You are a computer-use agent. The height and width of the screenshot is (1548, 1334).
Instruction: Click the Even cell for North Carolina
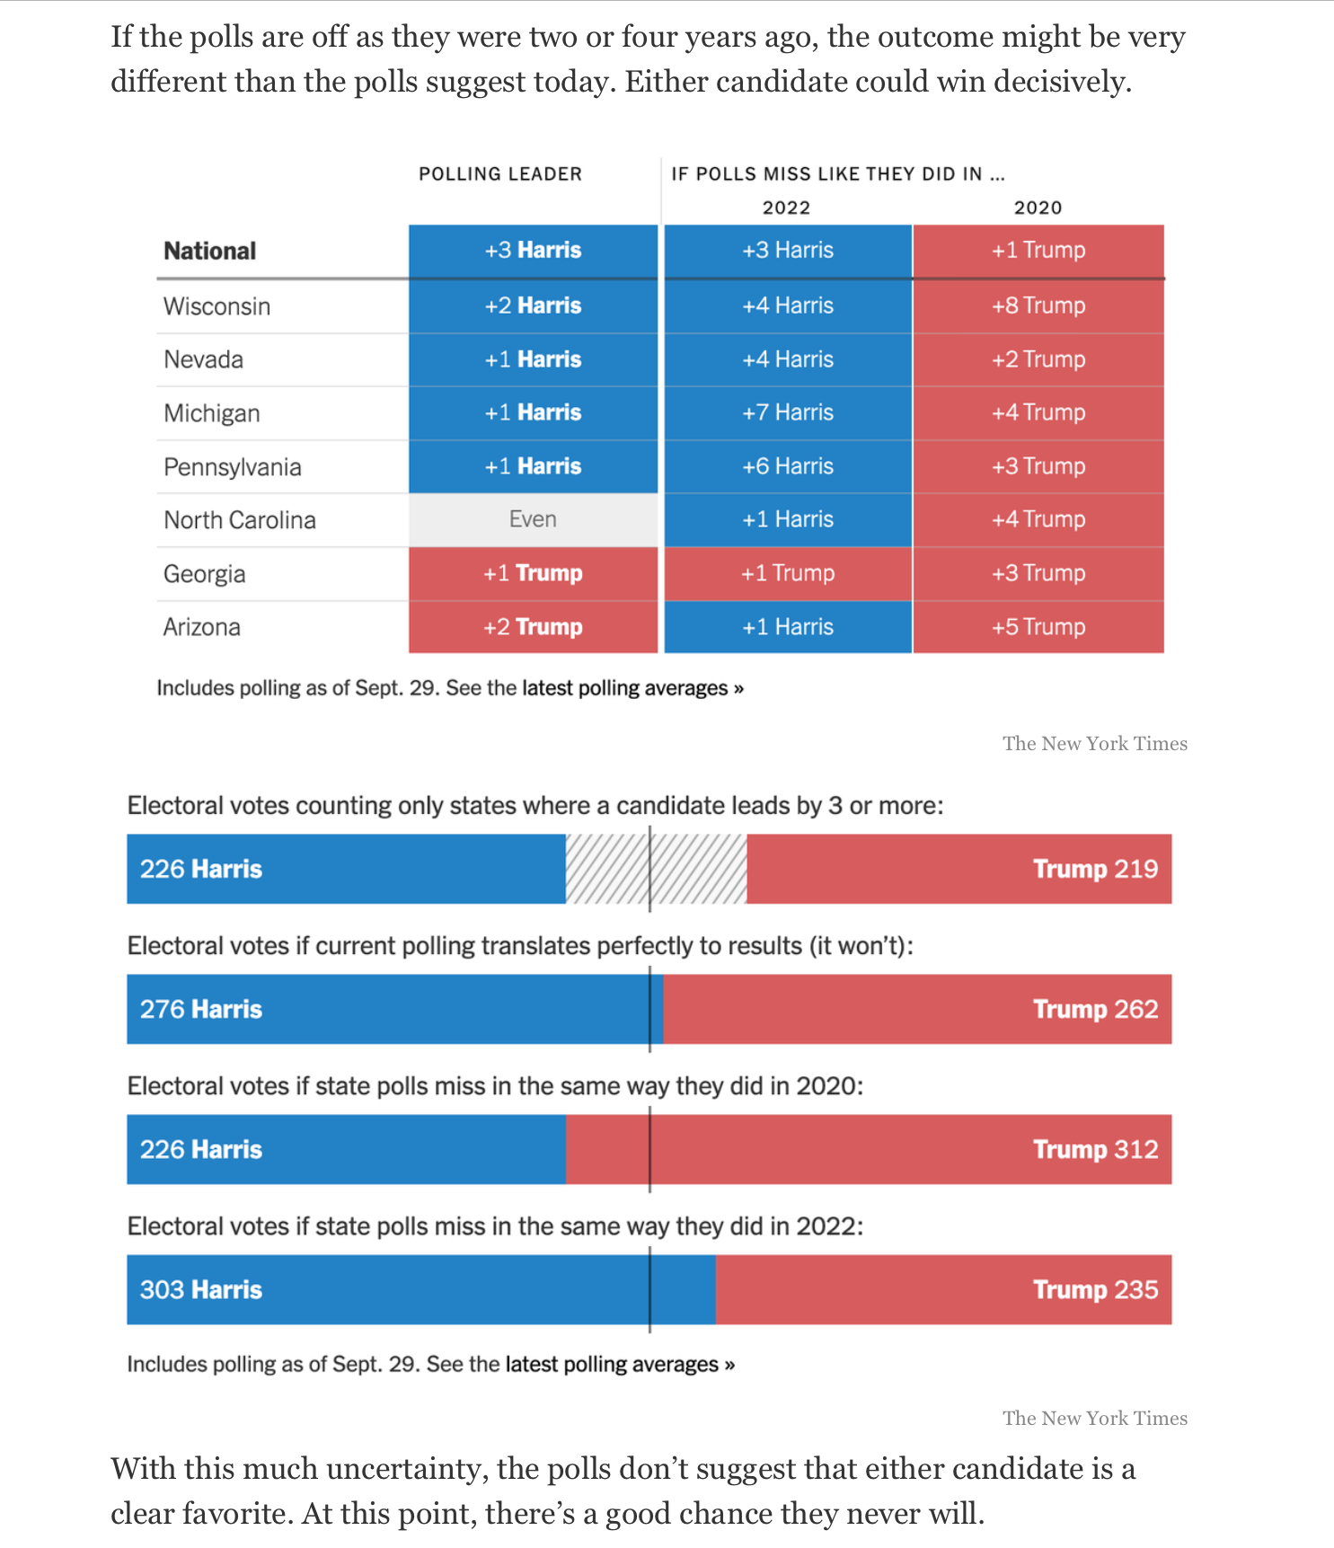click(533, 520)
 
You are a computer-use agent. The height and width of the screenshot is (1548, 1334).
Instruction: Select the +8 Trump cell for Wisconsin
click(1038, 306)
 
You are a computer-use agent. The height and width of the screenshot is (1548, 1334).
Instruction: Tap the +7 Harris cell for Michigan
click(788, 413)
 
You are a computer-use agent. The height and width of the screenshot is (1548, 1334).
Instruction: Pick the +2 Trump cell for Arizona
click(533, 627)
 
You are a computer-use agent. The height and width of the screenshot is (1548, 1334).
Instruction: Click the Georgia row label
click(204, 574)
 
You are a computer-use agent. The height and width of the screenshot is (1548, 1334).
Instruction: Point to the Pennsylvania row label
click(232, 467)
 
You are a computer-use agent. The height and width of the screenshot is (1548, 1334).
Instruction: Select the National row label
click(209, 251)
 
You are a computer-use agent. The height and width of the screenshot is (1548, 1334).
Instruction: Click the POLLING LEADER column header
click(500, 174)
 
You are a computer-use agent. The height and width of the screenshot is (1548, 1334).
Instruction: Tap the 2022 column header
click(787, 208)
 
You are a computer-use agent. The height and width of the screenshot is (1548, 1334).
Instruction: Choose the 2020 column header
click(1038, 208)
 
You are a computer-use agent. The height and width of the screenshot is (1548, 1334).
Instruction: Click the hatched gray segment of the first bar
click(656, 869)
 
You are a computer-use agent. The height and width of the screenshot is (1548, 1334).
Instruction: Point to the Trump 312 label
click(1095, 1150)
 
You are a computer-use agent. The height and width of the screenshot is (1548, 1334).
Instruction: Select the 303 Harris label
click(201, 1290)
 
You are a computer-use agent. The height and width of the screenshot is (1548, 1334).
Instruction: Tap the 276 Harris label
click(201, 1010)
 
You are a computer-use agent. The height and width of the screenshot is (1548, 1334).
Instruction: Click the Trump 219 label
click(1095, 870)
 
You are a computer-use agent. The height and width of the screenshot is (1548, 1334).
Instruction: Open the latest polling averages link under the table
click(633, 688)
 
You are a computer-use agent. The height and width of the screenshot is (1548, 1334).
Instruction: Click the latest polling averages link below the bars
click(620, 1365)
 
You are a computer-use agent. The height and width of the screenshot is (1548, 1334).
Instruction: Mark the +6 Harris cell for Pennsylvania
click(788, 467)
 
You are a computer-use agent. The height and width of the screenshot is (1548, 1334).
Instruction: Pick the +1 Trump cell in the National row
click(1038, 251)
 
